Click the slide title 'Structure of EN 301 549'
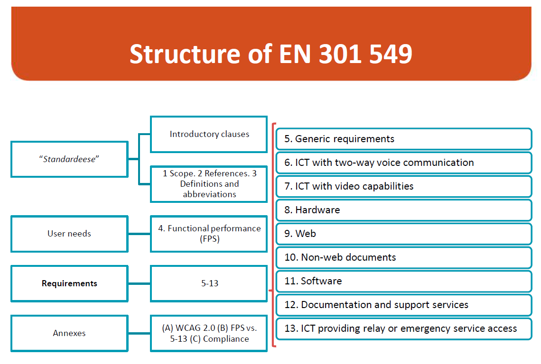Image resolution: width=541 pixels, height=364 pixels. (x=270, y=54)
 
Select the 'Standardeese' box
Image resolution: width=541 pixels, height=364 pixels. (x=69, y=159)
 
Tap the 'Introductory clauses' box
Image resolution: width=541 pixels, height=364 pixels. (x=209, y=134)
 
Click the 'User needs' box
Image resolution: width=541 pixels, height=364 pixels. (x=69, y=234)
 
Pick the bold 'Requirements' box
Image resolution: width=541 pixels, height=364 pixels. (x=69, y=283)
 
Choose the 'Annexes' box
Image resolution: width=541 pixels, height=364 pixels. (x=69, y=333)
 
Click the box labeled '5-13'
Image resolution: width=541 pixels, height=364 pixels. (x=209, y=283)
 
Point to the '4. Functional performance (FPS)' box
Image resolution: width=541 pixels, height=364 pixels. (x=209, y=234)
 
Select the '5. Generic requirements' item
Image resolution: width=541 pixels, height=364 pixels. (x=403, y=139)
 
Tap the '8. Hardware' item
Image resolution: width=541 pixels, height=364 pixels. (x=403, y=210)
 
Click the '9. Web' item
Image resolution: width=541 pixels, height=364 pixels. (x=403, y=234)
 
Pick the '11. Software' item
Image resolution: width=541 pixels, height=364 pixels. (x=403, y=281)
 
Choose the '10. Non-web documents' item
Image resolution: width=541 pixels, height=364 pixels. (x=403, y=257)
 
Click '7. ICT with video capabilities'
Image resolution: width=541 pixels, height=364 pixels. (x=403, y=186)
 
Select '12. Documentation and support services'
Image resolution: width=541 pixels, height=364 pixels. (x=403, y=305)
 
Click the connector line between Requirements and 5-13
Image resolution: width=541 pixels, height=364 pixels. (x=139, y=283)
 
